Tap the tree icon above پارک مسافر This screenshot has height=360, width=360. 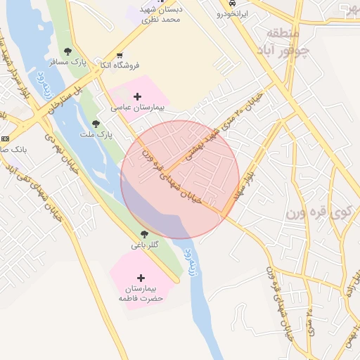point(67,51)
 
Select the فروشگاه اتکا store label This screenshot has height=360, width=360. point(120,65)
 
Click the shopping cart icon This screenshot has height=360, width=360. point(120,55)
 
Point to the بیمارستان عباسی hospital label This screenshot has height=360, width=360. point(137,108)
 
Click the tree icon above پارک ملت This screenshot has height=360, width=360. point(96,123)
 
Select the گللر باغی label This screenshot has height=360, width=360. point(145,245)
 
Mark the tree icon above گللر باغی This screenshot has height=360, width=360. point(144,234)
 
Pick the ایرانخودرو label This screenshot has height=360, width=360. point(231,13)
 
